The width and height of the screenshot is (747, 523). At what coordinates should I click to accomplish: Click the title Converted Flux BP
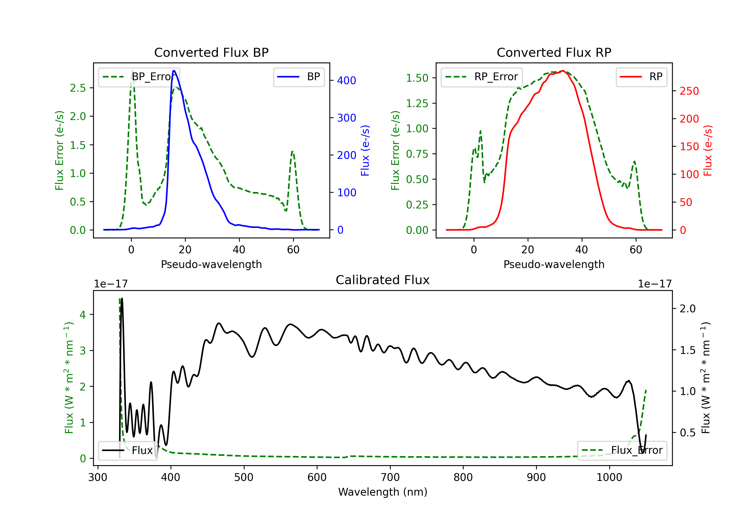coord(211,52)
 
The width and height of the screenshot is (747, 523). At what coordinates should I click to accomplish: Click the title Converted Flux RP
coord(554,52)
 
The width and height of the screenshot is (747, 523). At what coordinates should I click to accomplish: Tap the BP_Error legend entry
coord(139,77)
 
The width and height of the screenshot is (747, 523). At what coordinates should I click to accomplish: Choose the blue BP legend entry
coord(299,77)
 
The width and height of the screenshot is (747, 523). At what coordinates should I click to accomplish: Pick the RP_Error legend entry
coord(482,77)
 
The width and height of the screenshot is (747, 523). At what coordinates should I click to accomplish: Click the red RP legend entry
coord(641,77)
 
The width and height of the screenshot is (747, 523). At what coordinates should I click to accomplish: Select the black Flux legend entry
coord(127,451)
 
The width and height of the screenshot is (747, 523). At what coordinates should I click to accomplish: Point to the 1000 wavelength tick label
coord(609,477)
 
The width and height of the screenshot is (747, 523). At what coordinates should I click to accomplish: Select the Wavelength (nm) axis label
coord(383,492)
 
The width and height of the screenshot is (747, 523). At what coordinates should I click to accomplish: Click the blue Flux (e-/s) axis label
coord(365,150)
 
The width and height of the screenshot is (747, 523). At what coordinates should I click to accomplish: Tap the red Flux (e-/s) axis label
coord(708,150)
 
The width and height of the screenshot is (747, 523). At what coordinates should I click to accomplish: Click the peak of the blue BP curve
coord(174,71)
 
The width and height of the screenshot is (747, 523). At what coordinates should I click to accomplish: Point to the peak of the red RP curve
coord(563,71)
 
